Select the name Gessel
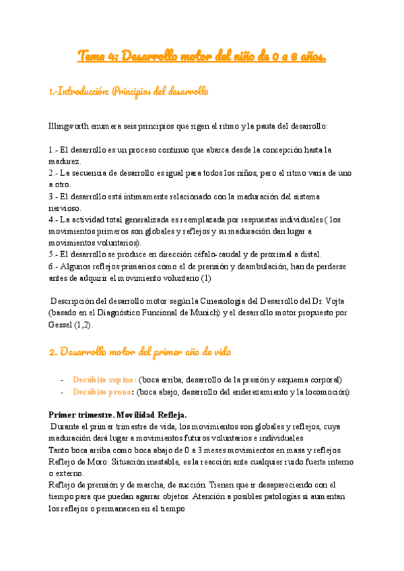pyautogui.click(x=63, y=324)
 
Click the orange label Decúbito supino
pyautogui.click(x=104, y=380)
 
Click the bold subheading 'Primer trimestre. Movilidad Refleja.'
pyautogui.click(x=118, y=414)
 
